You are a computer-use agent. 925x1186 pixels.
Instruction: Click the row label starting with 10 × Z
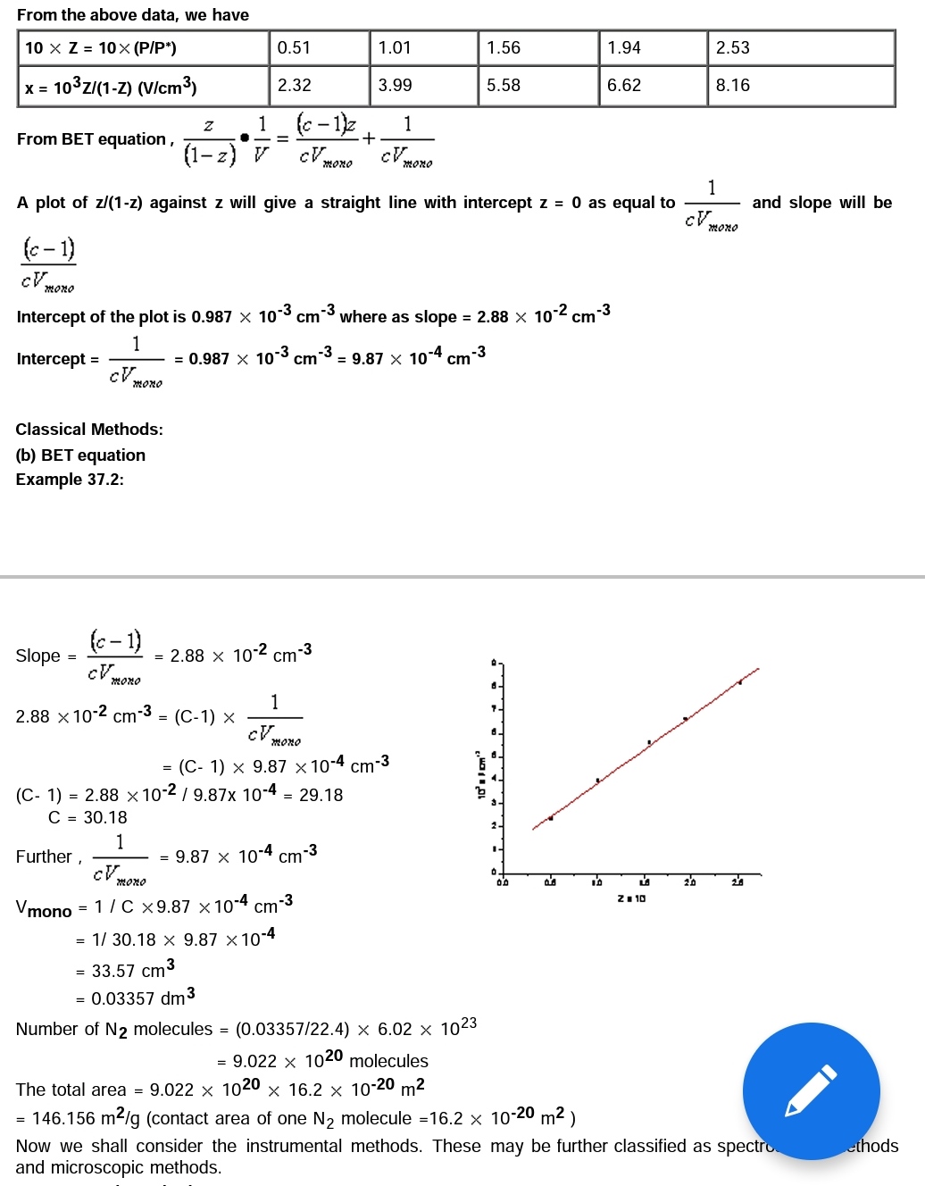coord(101,48)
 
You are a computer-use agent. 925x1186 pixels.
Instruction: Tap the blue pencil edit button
coord(811,1090)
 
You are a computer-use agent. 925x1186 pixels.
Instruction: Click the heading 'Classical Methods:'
coord(89,430)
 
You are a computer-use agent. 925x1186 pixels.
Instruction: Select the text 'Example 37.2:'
coord(70,480)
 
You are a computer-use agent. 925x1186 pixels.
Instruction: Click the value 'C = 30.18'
coord(87,817)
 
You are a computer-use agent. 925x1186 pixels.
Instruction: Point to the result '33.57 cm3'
coord(132,970)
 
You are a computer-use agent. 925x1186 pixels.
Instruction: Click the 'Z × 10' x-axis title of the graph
coord(631,898)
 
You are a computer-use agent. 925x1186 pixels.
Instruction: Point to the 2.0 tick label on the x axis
coord(690,882)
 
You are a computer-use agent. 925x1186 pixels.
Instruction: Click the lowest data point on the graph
coord(551,818)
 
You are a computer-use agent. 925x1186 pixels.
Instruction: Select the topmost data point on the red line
coord(740,682)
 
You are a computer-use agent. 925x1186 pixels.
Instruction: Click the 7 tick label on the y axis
coord(493,709)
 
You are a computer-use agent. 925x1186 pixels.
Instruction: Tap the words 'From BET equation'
coord(91,139)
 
